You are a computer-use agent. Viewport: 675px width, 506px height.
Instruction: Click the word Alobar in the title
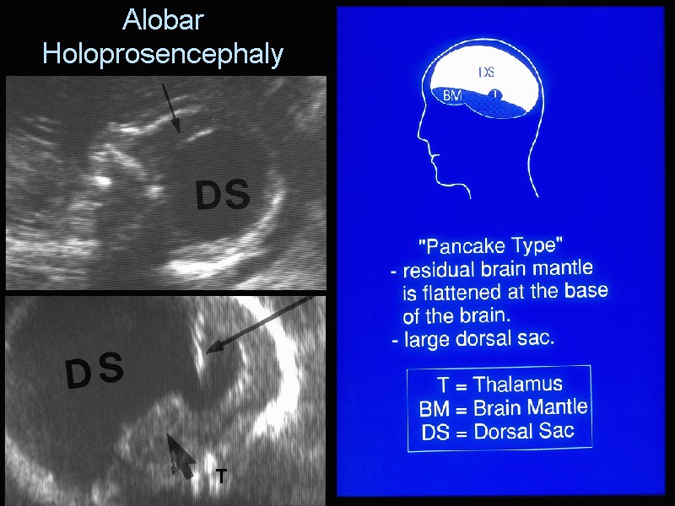163,19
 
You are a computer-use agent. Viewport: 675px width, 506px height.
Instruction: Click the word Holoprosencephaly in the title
163,55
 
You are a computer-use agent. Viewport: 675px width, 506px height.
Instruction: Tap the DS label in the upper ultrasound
223,195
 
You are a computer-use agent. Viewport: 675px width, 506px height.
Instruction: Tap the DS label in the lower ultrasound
94,369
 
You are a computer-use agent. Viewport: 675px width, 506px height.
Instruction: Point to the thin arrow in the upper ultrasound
171,109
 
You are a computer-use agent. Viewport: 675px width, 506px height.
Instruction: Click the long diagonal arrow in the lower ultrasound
260,325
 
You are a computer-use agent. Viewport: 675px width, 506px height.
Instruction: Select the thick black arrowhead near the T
181,456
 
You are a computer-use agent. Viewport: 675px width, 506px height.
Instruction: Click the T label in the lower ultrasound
221,476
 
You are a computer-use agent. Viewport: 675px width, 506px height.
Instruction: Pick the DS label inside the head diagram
487,73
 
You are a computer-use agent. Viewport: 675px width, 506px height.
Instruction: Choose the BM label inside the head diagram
452,95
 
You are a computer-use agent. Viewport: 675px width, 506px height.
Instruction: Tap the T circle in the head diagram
496,94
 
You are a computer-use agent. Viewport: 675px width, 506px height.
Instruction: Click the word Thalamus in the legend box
518,385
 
